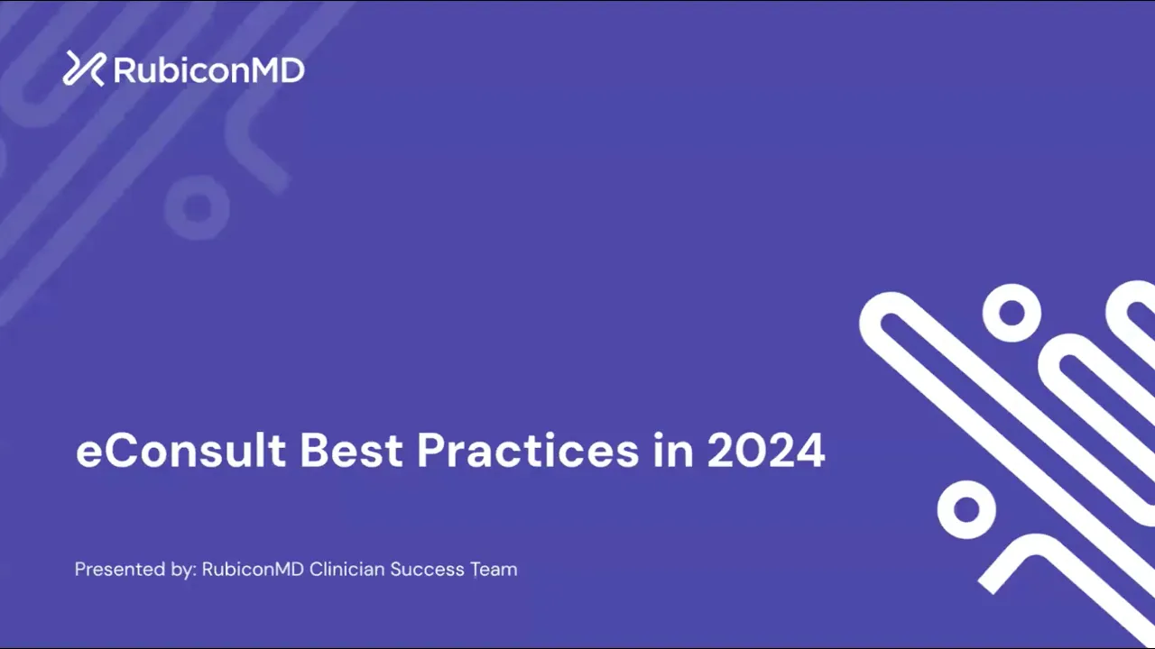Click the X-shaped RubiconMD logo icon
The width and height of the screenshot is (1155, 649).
pos(84,69)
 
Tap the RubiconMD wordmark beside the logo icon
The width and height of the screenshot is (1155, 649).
pos(208,70)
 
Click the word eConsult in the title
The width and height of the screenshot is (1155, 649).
pos(180,450)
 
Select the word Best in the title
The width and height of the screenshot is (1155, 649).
pos(351,450)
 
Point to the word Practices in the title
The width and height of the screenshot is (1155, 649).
pos(528,450)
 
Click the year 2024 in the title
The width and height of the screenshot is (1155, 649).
pos(766,450)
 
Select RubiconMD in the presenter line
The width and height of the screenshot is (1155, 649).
pos(253,569)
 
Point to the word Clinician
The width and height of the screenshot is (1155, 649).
pos(347,569)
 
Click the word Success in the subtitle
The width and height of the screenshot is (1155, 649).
pos(428,569)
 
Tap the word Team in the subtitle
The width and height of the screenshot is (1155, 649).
pos(494,569)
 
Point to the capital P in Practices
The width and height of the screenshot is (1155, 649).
pos(430,450)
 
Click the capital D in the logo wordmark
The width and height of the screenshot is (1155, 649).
pos(291,70)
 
